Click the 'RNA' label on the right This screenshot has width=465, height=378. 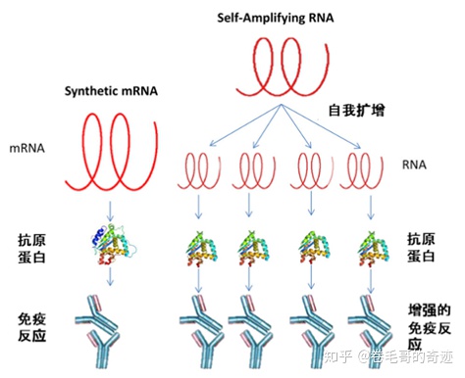coord(421,166)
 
